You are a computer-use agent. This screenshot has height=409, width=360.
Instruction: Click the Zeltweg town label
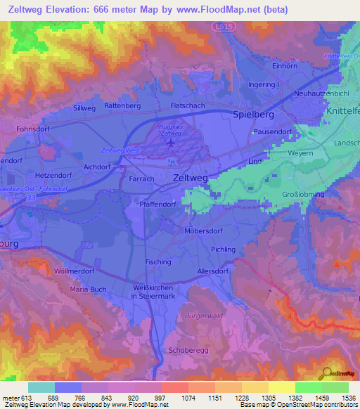coord(190,179)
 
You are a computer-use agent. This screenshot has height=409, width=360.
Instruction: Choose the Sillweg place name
coord(84,109)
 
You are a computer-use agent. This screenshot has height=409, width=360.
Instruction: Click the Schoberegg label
coord(186,349)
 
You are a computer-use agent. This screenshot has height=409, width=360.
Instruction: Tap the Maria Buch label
coord(89,289)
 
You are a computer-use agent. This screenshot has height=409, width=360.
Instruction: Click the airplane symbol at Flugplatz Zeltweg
coord(170,143)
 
